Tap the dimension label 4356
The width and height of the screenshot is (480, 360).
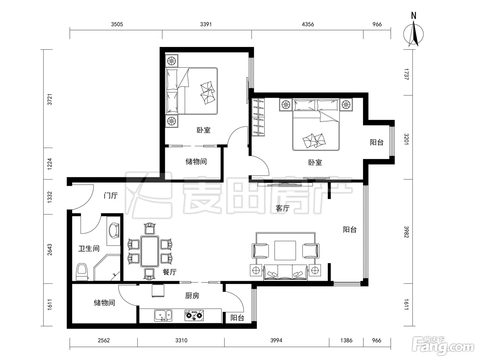pyautogui.click(x=308, y=24)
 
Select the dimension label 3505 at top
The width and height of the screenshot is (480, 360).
pyautogui.click(x=117, y=24)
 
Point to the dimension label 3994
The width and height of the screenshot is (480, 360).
pyautogui.click(x=276, y=340)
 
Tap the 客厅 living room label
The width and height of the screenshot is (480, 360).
pyautogui.click(x=283, y=208)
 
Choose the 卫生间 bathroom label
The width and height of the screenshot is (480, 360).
pyautogui.click(x=89, y=248)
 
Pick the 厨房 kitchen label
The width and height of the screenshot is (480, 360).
pyautogui.click(x=192, y=296)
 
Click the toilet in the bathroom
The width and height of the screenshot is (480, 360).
pyautogui.click(x=82, y=272)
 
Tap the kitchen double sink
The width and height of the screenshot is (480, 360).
pyautogui.click(x=163, y=315)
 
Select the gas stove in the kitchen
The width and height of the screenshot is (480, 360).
pyautogui.click(x=194, y=315)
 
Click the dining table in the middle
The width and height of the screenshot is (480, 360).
pyautogui.click(x=150, y=251)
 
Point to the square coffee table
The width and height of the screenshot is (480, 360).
pyautogui.click(x=285, y=251)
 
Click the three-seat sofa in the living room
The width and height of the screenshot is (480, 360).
pyautogui.click(x=285, y=272)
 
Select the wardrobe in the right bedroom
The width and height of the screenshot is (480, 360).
pyautogui.click(x=258, y=117)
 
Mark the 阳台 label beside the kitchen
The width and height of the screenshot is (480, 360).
pyautogui.click(x=237, y=317)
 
